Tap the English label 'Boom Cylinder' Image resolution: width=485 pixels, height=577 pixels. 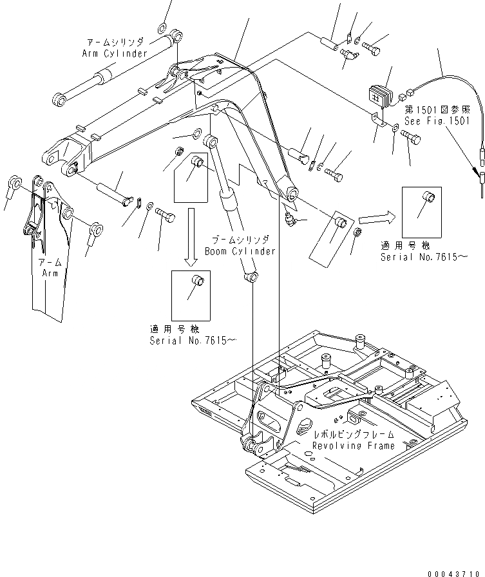[240, 251]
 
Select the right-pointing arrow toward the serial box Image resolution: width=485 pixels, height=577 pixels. [376, 218]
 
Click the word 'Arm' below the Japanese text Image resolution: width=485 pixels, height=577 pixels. [51, 273]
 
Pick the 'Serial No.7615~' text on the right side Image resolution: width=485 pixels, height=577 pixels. [423, 257]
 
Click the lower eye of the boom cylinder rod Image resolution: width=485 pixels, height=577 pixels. [251, 278]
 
